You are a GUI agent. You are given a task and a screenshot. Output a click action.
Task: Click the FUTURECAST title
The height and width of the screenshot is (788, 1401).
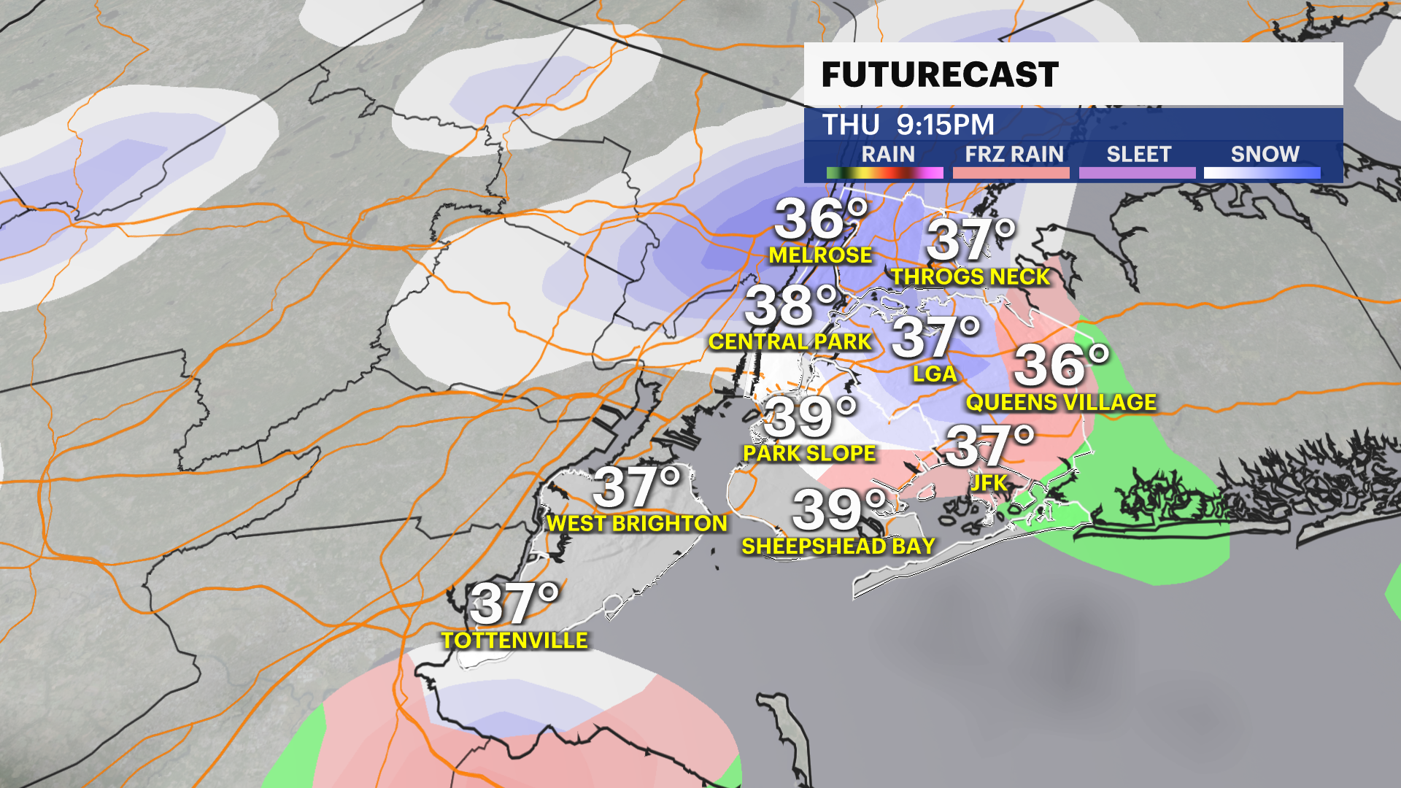coord(940,74)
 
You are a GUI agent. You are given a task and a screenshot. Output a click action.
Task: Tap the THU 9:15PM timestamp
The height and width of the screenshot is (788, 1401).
coord(908,125)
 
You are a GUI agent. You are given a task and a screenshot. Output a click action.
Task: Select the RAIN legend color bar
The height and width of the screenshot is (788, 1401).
coord(884,173)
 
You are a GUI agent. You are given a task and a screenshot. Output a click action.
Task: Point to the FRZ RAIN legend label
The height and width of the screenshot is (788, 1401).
coord(1014,154)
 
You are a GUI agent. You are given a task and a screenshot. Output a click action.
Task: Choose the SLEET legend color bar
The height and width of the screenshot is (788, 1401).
coord(1137,173)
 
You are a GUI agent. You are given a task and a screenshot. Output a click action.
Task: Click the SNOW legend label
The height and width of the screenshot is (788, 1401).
coord(1265,154)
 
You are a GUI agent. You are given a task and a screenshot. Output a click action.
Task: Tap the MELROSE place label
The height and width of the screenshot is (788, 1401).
coord(820,255)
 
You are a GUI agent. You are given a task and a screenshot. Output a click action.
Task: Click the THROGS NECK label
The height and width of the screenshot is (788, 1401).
coord(970,277)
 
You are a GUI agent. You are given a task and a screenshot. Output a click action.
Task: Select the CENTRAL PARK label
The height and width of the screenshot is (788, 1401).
coord(790,341)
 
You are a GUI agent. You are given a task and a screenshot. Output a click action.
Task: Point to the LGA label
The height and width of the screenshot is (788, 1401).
coord(935,374)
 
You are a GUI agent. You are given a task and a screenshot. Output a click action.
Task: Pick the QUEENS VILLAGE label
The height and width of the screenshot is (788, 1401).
coord(1061,402)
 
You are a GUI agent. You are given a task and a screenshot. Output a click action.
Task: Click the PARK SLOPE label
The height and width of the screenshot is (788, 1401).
coord(809,453)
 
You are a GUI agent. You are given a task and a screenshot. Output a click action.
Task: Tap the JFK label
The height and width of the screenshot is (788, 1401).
coord(989,482)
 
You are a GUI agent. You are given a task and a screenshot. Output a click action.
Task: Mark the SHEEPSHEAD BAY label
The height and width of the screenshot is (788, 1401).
coord(838,546)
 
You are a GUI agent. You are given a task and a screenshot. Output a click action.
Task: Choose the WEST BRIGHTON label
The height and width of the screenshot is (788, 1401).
coord(637,523)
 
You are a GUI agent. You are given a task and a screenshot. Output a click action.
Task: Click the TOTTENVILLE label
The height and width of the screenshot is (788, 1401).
coord(514,640)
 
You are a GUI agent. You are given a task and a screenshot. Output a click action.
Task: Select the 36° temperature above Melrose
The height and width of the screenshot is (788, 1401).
coord(821,219)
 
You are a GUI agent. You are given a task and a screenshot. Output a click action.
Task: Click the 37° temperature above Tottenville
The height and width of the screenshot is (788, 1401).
coord(514,603)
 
